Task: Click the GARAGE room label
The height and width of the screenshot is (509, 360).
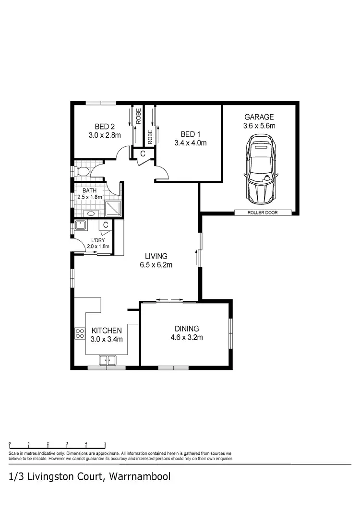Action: tap(259, 117)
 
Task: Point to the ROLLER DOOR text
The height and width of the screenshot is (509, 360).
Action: tap(263, 213)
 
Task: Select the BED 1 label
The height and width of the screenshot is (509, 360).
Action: tap(190, 134)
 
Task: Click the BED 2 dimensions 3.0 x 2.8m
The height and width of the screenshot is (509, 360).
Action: tap(104, 135)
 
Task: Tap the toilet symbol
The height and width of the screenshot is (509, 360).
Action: tap(81, 172)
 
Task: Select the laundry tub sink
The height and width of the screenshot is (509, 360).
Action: tap(80, 225)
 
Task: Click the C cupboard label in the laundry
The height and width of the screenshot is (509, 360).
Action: tap(106, 225)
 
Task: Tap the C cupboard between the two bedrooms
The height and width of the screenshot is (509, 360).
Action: tap(143, 154)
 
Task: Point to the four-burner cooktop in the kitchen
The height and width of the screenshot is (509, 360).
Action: tap(80, 333)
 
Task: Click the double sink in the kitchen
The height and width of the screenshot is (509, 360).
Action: tap(108, 360)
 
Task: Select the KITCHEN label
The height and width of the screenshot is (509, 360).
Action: tap(107, 331)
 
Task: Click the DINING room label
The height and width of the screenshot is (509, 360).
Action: tap(186, 329)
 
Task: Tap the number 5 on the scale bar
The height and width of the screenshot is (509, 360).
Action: tap(105, 444)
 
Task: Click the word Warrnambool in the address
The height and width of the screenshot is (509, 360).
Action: tap(139, 477)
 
